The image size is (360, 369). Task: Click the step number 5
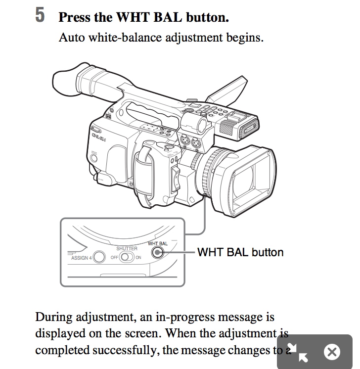pyautogui.click(x=41, y=15)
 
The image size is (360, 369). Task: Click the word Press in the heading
pyautogui.click(x=75, y=17)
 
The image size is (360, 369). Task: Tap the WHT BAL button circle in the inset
pyautogui.click(x=158, y=253)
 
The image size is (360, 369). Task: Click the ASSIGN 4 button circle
pyautogui.click(x=100, y=257)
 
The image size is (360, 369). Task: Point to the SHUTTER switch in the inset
pyautogui.click(x=127, y=257)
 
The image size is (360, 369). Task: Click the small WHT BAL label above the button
pyautogui.click(x=158, y=244)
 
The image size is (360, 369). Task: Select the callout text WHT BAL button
pyautogui.click(x=240, y=252)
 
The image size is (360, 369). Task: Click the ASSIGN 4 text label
pyautogui.click(x=82, y=258)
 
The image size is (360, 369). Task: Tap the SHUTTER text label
pyautogui.click(x=127, y=249)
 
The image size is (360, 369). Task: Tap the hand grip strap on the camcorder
pyautogui.click(x=143, y=168)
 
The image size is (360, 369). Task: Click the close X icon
pyautogui.click(x=332, y=352)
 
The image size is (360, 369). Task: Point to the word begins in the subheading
pyautogui.click(x=245, y=37)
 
